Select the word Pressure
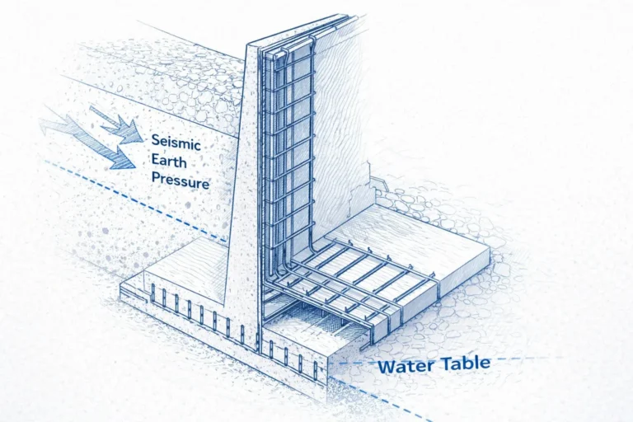pos(180,181)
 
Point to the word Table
pos(464,362)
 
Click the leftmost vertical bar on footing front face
pos(153,291)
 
